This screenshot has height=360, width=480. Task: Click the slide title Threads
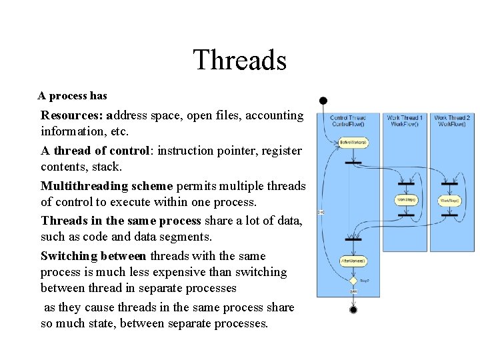pos(239,60)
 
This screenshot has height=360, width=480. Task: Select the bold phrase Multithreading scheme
pos(107,186)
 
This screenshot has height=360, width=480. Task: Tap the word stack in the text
pos(105,167)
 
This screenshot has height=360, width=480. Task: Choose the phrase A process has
pos(72,96)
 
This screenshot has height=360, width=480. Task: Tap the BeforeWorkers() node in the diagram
pos(353,143)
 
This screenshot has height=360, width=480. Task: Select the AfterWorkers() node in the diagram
pos(353,261)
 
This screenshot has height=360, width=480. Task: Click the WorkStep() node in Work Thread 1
pos(407,199)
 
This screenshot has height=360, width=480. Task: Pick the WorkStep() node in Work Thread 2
pos(450,200)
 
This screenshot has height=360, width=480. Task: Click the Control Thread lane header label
pos(348,121)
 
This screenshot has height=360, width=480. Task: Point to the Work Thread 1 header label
pos(405,121)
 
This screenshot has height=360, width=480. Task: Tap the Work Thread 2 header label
pos(452,121)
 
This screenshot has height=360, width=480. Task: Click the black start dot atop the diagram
pos(323,101)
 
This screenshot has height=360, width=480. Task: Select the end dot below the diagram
pos(353,309)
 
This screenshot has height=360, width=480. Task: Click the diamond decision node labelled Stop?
pos(353,281)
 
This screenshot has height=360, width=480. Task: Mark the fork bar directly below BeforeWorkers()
pos(353,162)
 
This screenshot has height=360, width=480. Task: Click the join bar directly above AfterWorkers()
pos(353,239)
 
